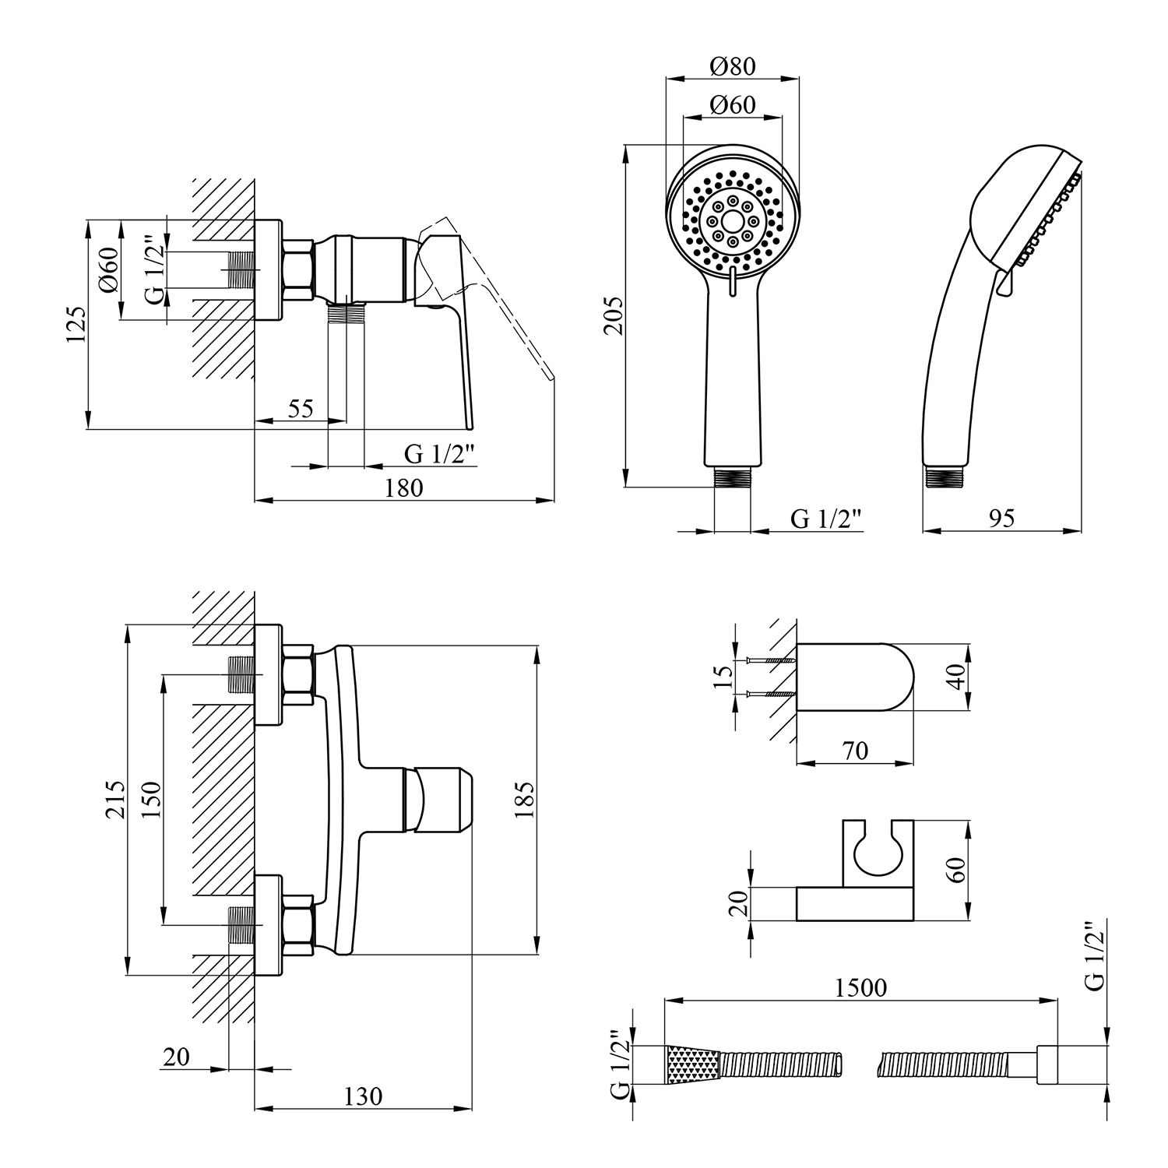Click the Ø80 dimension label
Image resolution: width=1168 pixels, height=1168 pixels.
(x=733, y=66)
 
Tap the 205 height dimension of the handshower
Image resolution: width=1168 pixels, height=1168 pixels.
(x=614, y=315)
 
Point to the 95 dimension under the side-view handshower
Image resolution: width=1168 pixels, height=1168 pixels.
(x=1003, y=518)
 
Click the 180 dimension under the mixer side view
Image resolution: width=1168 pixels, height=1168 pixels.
(x=404, y=487)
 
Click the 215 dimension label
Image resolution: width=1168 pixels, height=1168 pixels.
(x=114, y=799)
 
